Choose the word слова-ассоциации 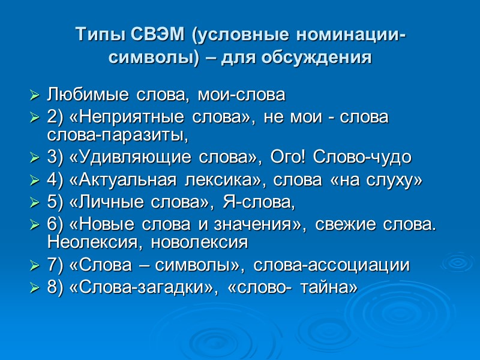point(331,265)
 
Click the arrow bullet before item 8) point(34,289)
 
